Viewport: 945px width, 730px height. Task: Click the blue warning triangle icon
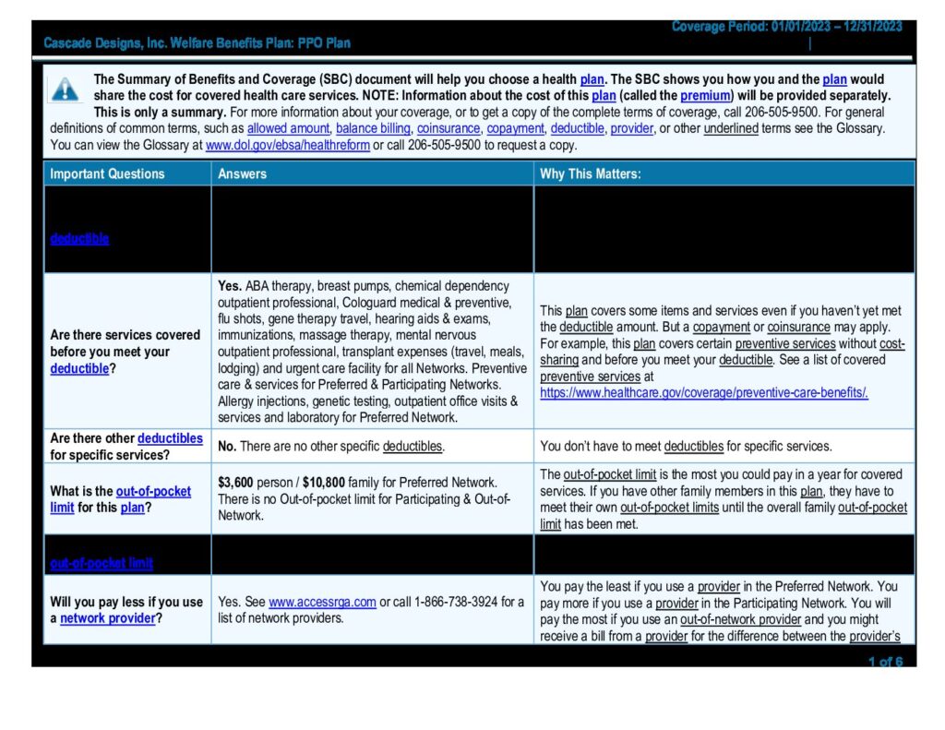click(x=65, y=89)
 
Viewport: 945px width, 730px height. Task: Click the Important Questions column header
click(x=107, y=174)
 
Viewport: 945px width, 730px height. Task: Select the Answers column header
click(x=242, y=174)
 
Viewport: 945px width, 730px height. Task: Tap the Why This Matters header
click(x=591, y=174)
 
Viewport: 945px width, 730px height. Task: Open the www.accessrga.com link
click(x=322, y=602)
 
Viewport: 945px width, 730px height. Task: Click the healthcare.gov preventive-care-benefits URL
click(x=704, y=392)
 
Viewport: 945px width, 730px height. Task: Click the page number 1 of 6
click(x=885, y=662)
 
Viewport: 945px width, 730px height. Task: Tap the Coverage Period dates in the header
click(x=786, y=27)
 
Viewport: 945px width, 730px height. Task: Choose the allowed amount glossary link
click(x=288, y=128)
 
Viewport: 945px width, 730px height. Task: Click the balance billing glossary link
click(x=373, y=128)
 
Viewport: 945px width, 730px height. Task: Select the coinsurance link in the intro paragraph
click(x=449, y=128)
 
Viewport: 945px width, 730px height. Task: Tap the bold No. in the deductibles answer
click(x=227, y=447)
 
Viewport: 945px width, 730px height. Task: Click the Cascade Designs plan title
click(x=197, y=43)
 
